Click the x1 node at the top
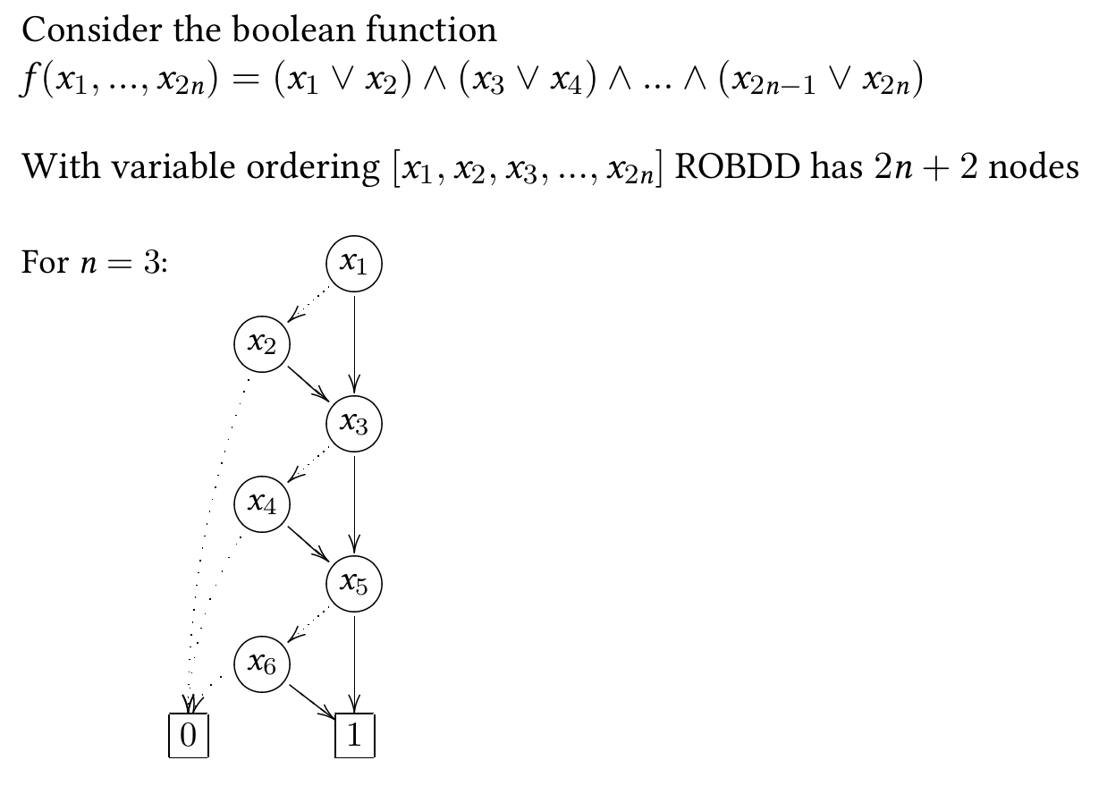point(355,264)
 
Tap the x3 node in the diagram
point(355,424)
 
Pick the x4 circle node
point(261,504)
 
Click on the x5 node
point(355,584)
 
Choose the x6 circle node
point(261,663)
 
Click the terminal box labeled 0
point(189,735)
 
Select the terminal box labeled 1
point(354,735)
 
